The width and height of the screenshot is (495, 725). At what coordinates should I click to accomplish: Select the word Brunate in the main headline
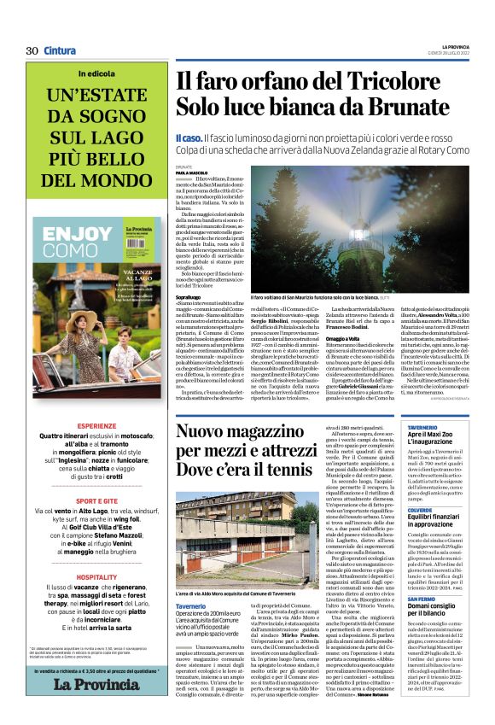[x=404, y=108]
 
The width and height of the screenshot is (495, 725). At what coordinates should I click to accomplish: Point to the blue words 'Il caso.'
[x=189, y=137]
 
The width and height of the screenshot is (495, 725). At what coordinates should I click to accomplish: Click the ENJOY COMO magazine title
[x=76, y=243]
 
